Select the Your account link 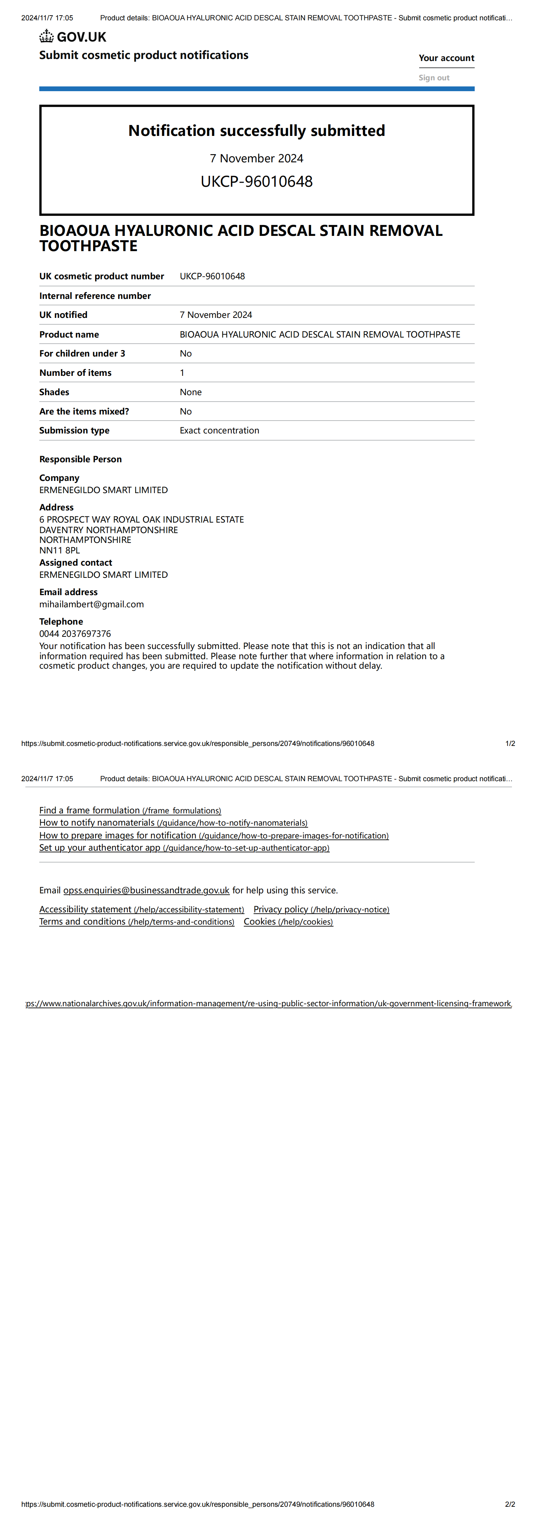[x=446, y=58]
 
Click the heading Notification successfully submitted [x=257, y=130]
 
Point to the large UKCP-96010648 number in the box [x=257, y=181]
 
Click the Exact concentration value [x=219, y=430]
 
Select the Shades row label [x=54, y=392]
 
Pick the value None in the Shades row [x=191, y=392]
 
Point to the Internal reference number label [x=95, y=296]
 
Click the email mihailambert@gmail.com [x=91, y=604]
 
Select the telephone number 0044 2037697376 [x=75, y=633]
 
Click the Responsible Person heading [x=80, y=459]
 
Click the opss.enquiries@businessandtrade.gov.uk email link [x=146, y=890]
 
